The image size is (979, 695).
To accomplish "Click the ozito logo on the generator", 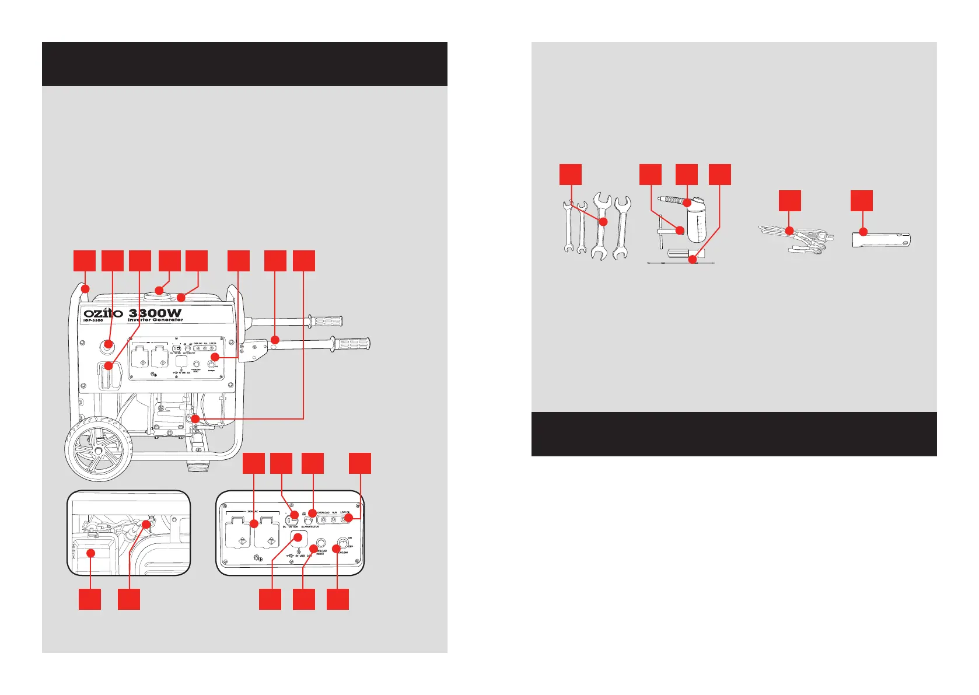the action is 103,313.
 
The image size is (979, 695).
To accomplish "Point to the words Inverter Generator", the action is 155,320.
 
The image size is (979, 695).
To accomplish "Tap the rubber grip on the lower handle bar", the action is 350,343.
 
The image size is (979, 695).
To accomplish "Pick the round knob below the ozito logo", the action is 107,345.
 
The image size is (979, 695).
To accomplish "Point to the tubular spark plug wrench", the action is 881,239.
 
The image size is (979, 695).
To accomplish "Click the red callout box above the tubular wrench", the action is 861,200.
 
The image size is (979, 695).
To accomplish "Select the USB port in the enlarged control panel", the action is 299,537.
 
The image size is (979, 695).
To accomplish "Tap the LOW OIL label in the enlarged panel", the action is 345,512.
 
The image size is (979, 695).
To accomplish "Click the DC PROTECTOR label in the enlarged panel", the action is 310,526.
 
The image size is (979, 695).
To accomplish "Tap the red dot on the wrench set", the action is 603,222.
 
